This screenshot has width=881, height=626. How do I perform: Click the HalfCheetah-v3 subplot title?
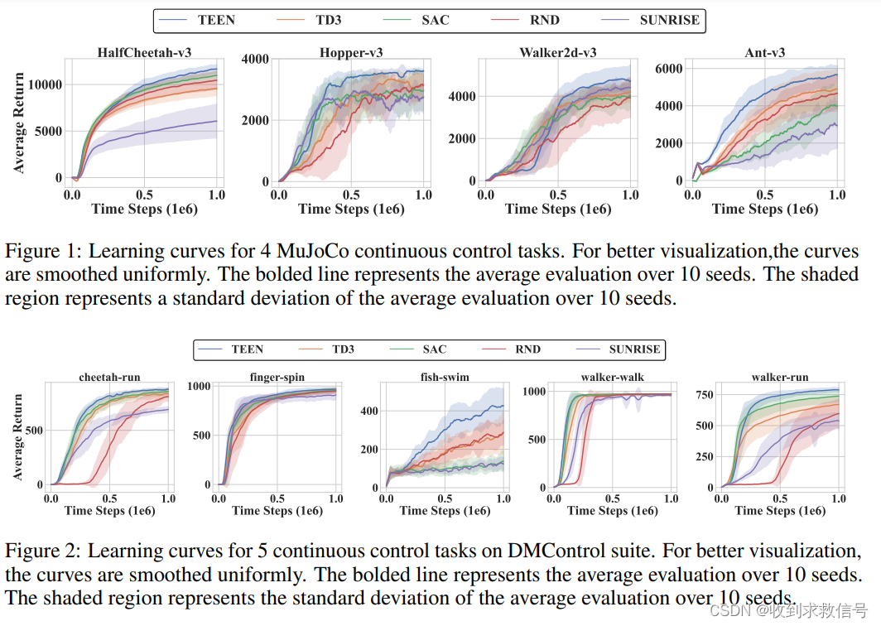tap(144, 53)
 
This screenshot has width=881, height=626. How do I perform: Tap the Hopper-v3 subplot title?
tap(351, 53)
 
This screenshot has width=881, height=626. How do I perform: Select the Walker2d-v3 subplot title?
tap(558, 53)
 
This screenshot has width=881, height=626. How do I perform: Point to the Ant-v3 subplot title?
tap(764, 53)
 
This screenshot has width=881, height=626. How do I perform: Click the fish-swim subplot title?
tap(445, 377)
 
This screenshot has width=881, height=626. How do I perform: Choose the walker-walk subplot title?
tap(612, 377)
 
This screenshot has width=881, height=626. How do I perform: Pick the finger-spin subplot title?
tap(277, 377)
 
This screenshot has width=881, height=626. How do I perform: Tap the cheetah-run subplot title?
tap(109, 377)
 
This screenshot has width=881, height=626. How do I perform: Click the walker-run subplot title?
tap(780, 377)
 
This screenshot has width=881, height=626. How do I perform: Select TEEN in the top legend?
tap(216, 20)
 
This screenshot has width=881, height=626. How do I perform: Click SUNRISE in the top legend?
tap(669, 20)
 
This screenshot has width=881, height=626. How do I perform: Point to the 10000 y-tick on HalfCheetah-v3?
tap(46, 84)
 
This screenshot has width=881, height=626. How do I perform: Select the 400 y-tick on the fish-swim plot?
tap(368, 412)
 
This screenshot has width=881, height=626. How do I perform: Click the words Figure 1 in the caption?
tap(40, 252)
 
